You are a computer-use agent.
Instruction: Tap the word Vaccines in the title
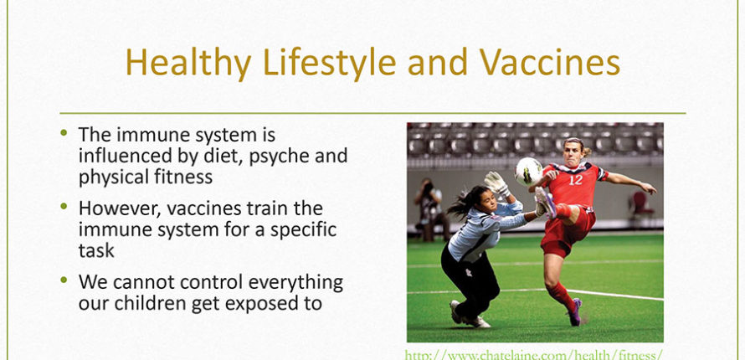click(549, 62)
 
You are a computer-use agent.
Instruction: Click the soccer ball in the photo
click(529, 172)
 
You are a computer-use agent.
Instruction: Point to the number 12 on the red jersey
click(575, 180)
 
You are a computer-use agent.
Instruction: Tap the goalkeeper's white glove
click(496, 183)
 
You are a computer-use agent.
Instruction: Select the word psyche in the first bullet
click(280, 157)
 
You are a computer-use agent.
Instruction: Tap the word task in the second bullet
click(96, 251)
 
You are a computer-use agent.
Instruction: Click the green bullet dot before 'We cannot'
click(64, 280)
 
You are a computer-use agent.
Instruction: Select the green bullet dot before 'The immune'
click(64, 132)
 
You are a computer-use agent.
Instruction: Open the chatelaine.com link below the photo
click(534, 355)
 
